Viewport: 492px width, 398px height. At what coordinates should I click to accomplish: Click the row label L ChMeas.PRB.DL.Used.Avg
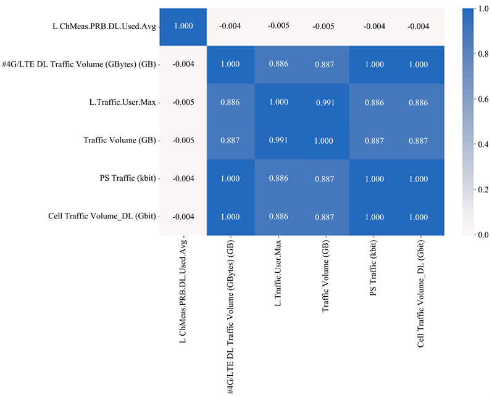tap(102, 26)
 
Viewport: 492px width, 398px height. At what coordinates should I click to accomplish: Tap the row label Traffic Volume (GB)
tap(119, 140)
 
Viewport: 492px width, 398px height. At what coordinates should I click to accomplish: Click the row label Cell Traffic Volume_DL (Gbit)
tap(101, 217)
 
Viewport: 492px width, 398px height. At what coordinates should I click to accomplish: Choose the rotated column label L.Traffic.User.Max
tap(278, 273)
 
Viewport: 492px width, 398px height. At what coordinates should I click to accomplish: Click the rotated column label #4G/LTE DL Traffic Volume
tap(230, 315)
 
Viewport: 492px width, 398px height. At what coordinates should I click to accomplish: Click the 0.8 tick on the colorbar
tap(477, 54)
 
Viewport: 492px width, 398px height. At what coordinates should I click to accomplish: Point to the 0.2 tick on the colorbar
tap(477, 189)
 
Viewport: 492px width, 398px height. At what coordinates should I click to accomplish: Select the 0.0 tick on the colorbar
tap(477, 234)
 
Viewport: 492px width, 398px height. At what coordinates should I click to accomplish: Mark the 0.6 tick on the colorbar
tap(477, 99)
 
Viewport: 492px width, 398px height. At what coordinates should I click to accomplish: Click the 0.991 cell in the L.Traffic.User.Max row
tap(325, 102)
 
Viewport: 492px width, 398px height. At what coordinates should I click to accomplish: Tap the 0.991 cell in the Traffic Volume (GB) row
tap(278, 140)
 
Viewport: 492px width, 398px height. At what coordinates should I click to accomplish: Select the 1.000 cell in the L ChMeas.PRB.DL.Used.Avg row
tap(183, 26)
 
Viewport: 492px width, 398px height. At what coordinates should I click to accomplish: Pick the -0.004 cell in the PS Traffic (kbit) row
tap(183, 178)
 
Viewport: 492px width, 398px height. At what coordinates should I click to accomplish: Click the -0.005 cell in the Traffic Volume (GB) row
tap(183, 140)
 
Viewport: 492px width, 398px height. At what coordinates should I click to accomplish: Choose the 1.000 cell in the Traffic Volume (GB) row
tap(325, 140)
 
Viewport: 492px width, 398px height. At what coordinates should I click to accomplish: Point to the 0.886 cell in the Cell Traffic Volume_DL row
tap(278, 217)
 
